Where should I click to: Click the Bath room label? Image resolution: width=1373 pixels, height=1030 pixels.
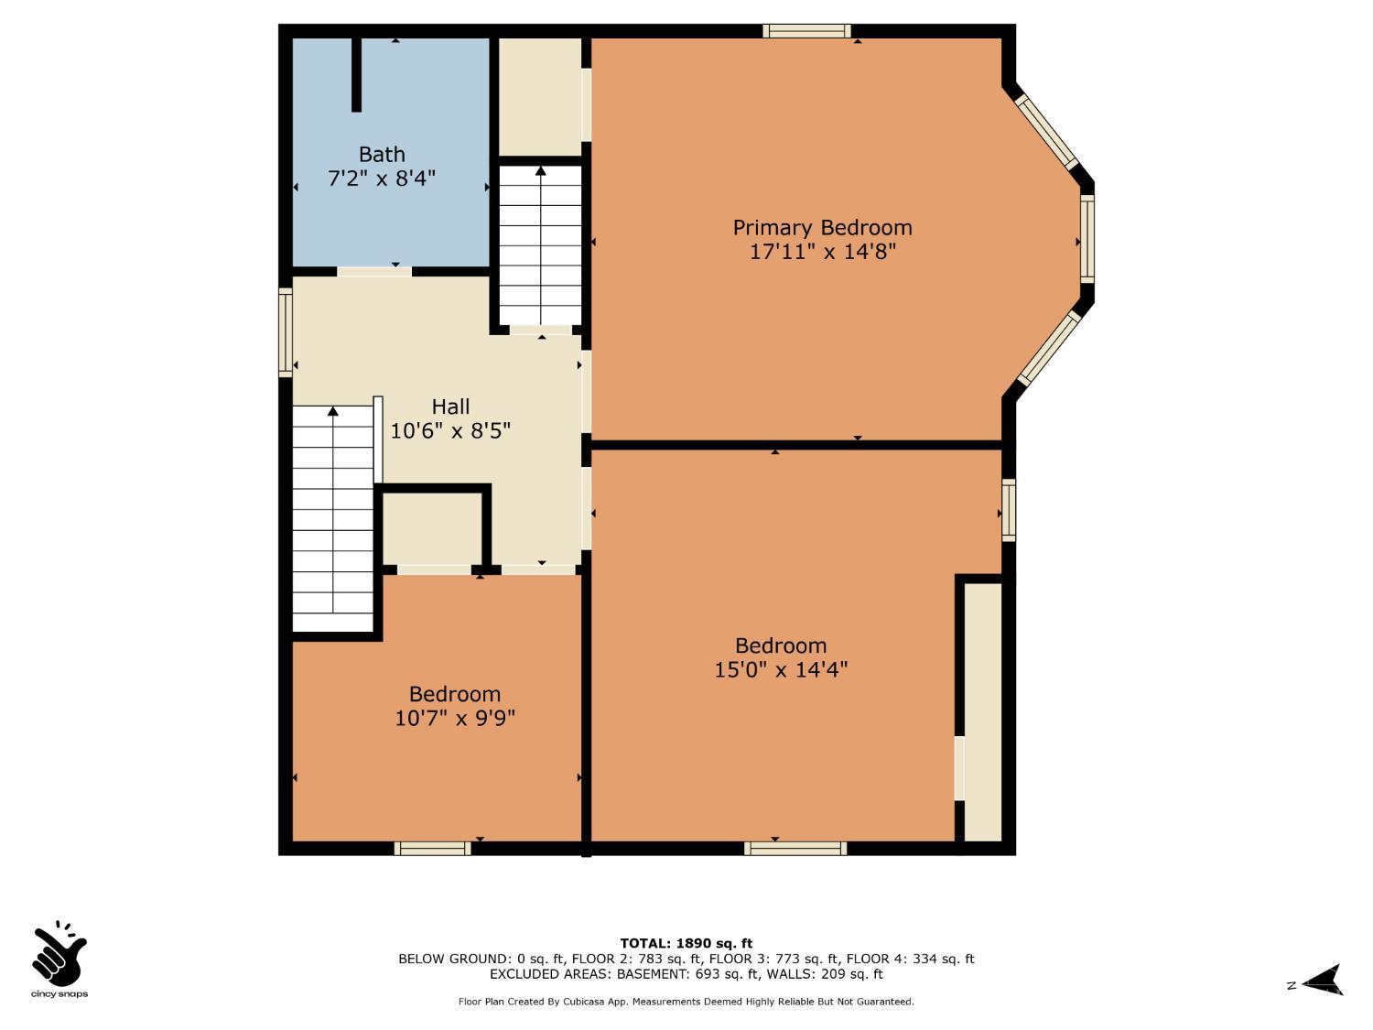[x=382, y=155]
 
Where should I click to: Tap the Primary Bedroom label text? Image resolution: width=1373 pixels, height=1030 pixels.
[x=822, y=228]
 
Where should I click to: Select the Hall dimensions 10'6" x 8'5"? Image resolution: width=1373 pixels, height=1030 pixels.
[x=450, y=431]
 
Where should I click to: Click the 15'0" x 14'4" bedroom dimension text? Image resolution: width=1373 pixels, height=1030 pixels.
[x=781, y=670]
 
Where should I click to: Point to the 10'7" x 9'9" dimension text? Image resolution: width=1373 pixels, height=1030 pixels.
[x=455, y=718]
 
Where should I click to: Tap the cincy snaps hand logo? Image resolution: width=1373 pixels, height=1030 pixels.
[x=59, y=953]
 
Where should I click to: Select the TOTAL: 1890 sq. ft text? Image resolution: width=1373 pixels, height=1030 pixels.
[x=686, y=944]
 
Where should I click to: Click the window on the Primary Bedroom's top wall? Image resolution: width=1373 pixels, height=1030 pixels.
[x=807, y=30]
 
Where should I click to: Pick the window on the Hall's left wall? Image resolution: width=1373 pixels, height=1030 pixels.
[x=286, y=332]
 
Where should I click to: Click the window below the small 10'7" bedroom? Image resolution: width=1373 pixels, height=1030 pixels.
[x=432, y=849]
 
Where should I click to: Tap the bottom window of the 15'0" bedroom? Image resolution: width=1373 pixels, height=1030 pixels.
[x=795, y=849]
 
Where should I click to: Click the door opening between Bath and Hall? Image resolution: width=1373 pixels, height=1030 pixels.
[x=374, y=271]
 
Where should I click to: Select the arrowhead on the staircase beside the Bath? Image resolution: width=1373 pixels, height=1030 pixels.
[x=540, y=170]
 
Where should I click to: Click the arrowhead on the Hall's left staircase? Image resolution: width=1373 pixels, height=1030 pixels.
[x=333, y=411]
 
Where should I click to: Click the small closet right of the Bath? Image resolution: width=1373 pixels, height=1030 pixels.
[x=540, y=97]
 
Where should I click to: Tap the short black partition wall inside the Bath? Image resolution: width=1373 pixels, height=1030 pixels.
[x=357, y=75]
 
